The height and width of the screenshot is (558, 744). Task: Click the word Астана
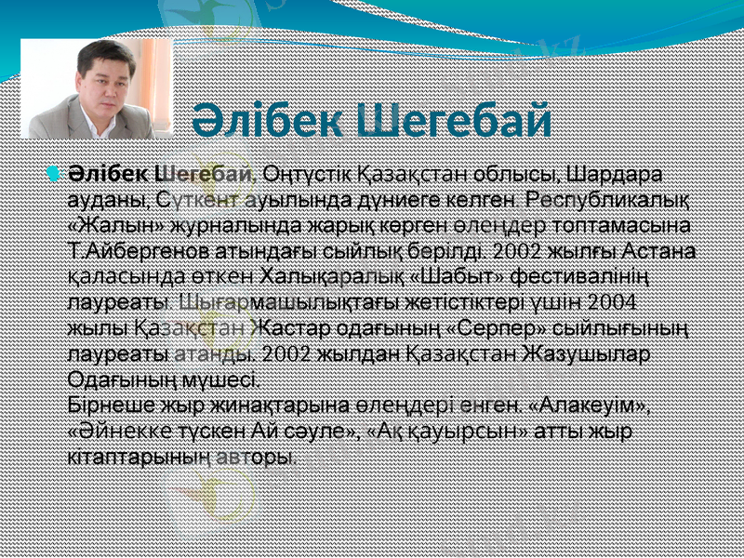point(664,250)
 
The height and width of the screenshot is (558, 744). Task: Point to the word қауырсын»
point(469,432)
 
